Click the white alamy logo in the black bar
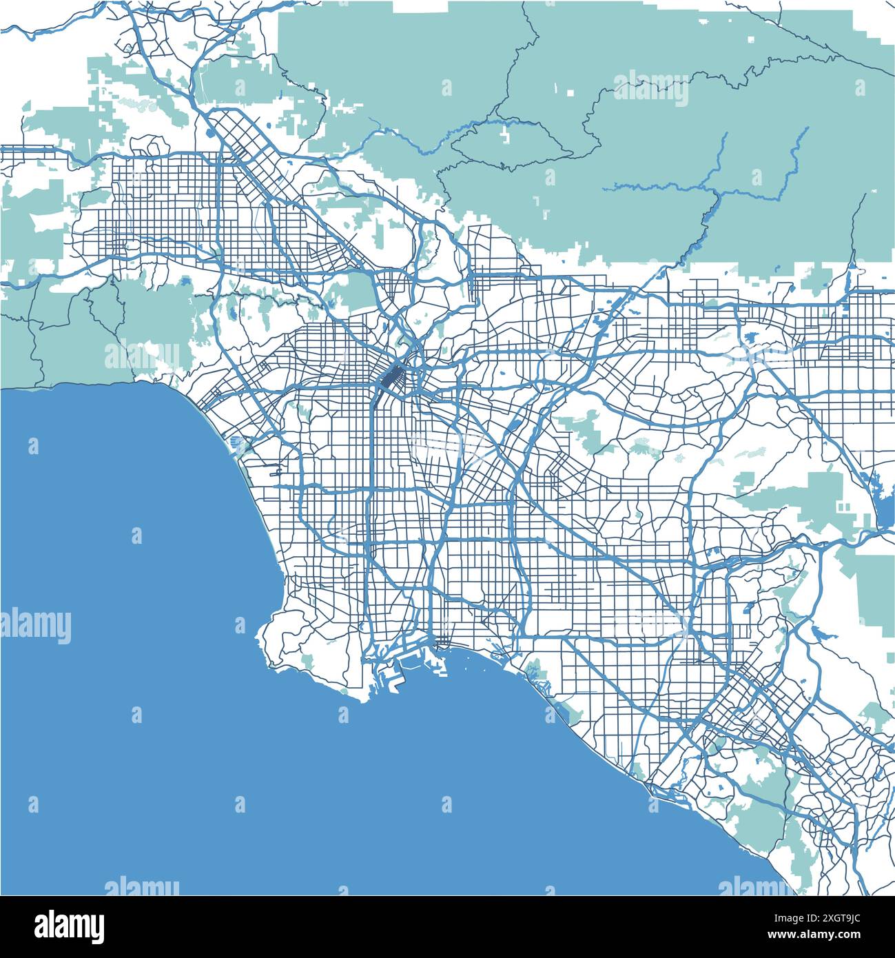tap(69, 926)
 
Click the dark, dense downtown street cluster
tap(393, 378)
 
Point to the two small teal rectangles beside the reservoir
tap(843, 506)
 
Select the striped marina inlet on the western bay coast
tap(238, 441)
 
